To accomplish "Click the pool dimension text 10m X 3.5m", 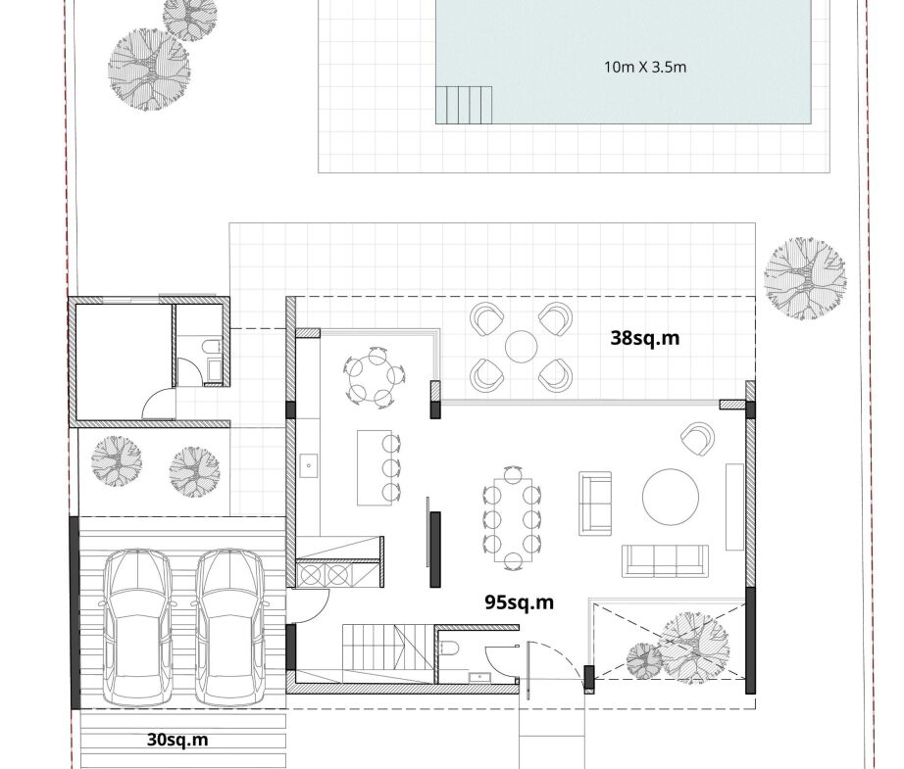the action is [645, 67].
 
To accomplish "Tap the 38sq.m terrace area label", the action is [644, 338].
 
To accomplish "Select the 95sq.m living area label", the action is [519, 601].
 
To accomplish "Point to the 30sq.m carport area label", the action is [177, 740].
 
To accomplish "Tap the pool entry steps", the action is [464, 105].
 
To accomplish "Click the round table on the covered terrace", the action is [522, 347].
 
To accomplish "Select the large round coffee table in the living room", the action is [671, 497].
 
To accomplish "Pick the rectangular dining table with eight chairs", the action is [512, 518].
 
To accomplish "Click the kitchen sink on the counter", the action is [309, 465].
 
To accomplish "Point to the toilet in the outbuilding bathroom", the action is [212, 347].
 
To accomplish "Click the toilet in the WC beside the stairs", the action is [450, 649].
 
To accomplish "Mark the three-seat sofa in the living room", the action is [665, 560].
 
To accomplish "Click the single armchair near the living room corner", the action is [697, 438].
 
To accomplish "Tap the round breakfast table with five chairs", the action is [375, 377].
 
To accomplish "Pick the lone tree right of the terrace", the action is [805, 278].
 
